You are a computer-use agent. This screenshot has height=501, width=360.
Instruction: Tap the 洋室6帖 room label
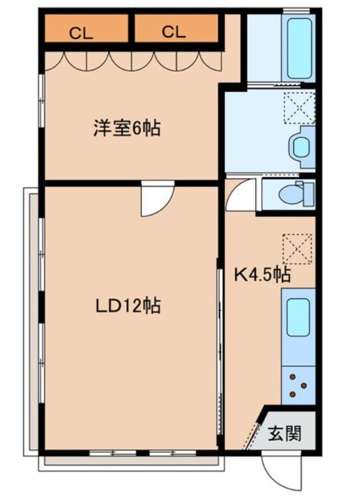[127, 129]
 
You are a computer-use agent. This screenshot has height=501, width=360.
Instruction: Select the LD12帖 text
[127, 306]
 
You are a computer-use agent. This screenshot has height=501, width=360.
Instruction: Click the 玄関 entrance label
[283, 434]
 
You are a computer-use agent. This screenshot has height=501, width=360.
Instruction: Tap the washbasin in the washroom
[301, 146]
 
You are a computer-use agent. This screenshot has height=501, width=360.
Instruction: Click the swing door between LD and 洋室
[154, 201]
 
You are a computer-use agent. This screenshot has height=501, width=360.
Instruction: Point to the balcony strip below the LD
[130, 462]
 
